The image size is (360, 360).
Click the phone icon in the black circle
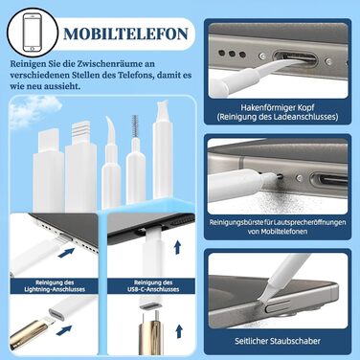pos(33,33)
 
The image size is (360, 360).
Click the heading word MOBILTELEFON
pos(125,34)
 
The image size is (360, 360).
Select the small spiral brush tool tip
pos(135,126)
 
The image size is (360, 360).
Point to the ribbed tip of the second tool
pos(79,132)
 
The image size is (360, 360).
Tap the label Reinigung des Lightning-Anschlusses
pos(55,286)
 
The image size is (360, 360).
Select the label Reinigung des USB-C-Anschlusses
pos(151,286)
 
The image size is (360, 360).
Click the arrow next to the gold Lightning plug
pos(64,330)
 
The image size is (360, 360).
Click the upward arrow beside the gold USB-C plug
pos(179,331)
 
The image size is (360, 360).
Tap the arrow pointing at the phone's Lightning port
pos(66,253)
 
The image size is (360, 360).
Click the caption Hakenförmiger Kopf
pos(278,107)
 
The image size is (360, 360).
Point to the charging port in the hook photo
pos(295,58)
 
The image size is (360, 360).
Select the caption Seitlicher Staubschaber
pos(278,341)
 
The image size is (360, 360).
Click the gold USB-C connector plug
pos(151,334)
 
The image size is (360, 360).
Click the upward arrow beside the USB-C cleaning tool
pos(178,248)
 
